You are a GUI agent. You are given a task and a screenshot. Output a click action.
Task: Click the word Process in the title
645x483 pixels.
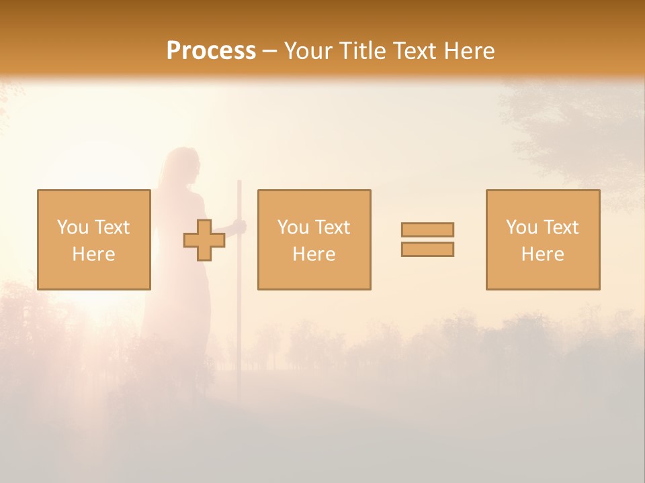pyautogui.click(x=211, y=51)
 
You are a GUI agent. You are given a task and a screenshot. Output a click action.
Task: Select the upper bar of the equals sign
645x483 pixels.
pyautogui.click(x=427, y=229)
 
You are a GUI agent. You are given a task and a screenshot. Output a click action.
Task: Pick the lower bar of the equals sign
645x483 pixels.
pyautogui.click(x=427, y=249)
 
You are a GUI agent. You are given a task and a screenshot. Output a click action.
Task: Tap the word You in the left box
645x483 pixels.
pyautogui.click(x=73, y=227)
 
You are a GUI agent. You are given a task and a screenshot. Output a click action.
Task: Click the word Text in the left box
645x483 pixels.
pyautogui.click(x=112, y=227)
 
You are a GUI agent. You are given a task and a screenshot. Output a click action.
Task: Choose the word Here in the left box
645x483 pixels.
pyautogui.click(x=93, y=254)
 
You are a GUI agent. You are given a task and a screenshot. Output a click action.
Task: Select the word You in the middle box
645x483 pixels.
pyautogui.click(x=293, y=227)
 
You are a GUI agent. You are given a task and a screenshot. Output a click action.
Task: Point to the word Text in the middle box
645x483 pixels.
pyautogui.click(x=332, y=227)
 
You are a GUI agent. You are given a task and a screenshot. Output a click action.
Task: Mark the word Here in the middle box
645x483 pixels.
pyautogui.click(x=314, y=254)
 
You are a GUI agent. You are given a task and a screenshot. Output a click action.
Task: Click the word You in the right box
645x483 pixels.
pyautogui.click(x=521, y=227)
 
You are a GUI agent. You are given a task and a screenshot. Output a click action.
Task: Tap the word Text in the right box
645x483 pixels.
pyautogui.click(x=560, y=227)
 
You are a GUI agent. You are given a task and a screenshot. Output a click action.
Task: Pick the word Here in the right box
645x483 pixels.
pyautogui.click(x=542, y=254)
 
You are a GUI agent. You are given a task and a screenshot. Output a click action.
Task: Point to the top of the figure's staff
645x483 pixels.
pyautogui.click(x=239, y=182)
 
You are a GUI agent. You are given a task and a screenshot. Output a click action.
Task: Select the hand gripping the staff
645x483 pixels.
pyautogui.click(x=240, y=227)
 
